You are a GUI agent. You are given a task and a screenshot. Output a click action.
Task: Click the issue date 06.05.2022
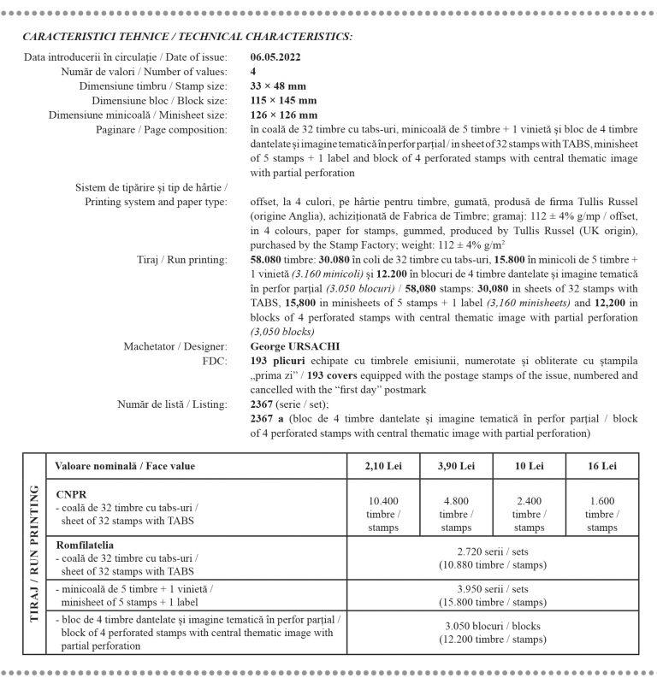click(275, 57)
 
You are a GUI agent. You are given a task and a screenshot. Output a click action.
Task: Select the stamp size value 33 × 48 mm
click(278, 86)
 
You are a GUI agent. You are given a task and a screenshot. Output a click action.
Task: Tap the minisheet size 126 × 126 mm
click(284, 115)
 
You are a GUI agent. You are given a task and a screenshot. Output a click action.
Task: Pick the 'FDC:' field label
click(215, 361)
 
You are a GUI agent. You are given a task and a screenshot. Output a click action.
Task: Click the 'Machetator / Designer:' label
click(175, 346)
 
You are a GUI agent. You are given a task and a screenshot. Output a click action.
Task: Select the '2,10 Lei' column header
click(383, 466)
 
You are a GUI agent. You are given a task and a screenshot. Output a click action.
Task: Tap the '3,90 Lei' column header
click(456, 466)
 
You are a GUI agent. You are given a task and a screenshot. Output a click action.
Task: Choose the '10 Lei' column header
click(529, 466)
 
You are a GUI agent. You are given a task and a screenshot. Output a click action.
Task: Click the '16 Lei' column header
click(602, 466)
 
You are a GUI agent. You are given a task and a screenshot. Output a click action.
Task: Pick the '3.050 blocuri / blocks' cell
click(492, 632)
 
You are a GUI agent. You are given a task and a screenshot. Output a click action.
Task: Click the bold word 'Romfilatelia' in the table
click(86, 545)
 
